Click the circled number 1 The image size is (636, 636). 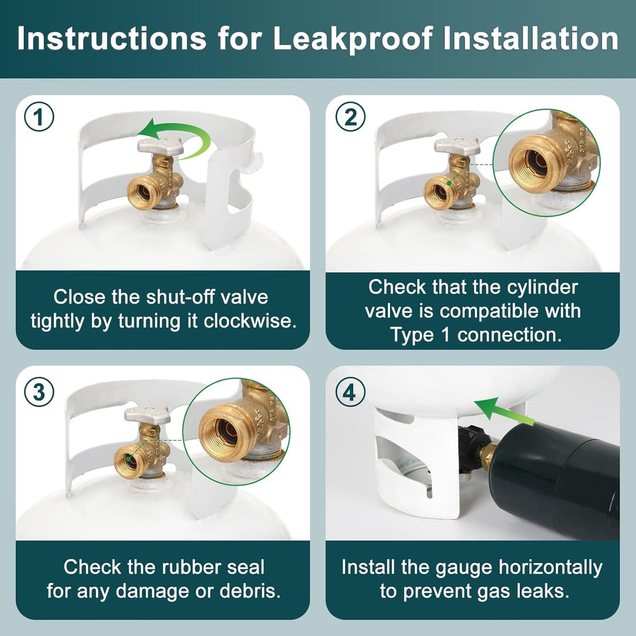(39, 117)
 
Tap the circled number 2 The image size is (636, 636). (350, 117)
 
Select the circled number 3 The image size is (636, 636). (39, 392)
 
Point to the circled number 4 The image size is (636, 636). (350, 392)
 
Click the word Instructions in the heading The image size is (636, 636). (111, 38)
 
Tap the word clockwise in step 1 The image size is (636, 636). (250, 321)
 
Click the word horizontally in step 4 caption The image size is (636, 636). (551, 568)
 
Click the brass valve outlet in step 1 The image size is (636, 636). (143, 193)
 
